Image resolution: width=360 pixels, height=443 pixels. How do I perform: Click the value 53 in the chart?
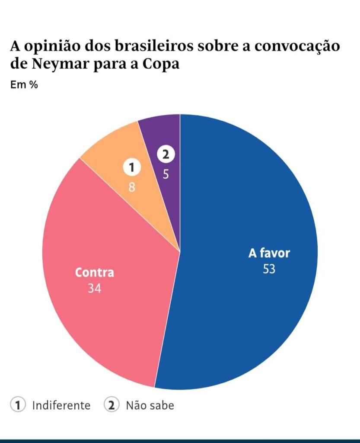coord(269,269)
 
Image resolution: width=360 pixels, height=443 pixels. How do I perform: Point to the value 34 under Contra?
coord(94,288)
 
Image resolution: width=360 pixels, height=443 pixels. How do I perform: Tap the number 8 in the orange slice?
coord(133,188)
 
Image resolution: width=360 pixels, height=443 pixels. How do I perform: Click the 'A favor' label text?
coord(269,253)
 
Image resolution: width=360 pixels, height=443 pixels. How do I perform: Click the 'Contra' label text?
coord(94,273)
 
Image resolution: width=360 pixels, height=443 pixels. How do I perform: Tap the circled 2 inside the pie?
coord(166,154)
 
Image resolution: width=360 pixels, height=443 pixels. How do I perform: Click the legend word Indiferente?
coord(61,406)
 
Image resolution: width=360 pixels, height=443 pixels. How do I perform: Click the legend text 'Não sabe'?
coord(150,406)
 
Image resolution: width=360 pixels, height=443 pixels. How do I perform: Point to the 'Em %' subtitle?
coord(24,85)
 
